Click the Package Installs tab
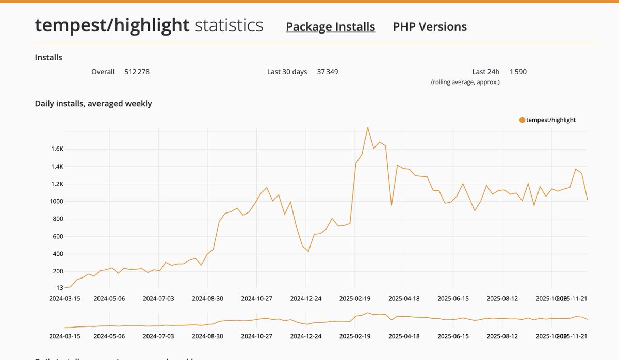(x=330, y=27)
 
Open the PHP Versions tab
(x=430, y=27)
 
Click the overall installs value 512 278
(x=137, y=72)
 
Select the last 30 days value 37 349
(x=328, y=72)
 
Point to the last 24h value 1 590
(x=518, y=72)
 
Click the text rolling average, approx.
(x=465, y=82)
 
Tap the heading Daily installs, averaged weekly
(x=93, y=103)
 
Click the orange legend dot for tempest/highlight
(x=522, y=120)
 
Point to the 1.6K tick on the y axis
(x=56, y=149)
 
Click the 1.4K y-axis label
(x=56, y=167)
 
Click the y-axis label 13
(x=59, y=288)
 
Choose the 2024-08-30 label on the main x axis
(x=207, y=298)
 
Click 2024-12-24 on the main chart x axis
(x=306, y=298)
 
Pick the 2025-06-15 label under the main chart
(x=453, y=298)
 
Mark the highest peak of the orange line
(x=367, y=127)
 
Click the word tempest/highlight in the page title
(x=112, y=25)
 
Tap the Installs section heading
(x=48, y=57)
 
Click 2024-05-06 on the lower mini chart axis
(x=109, y=336)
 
